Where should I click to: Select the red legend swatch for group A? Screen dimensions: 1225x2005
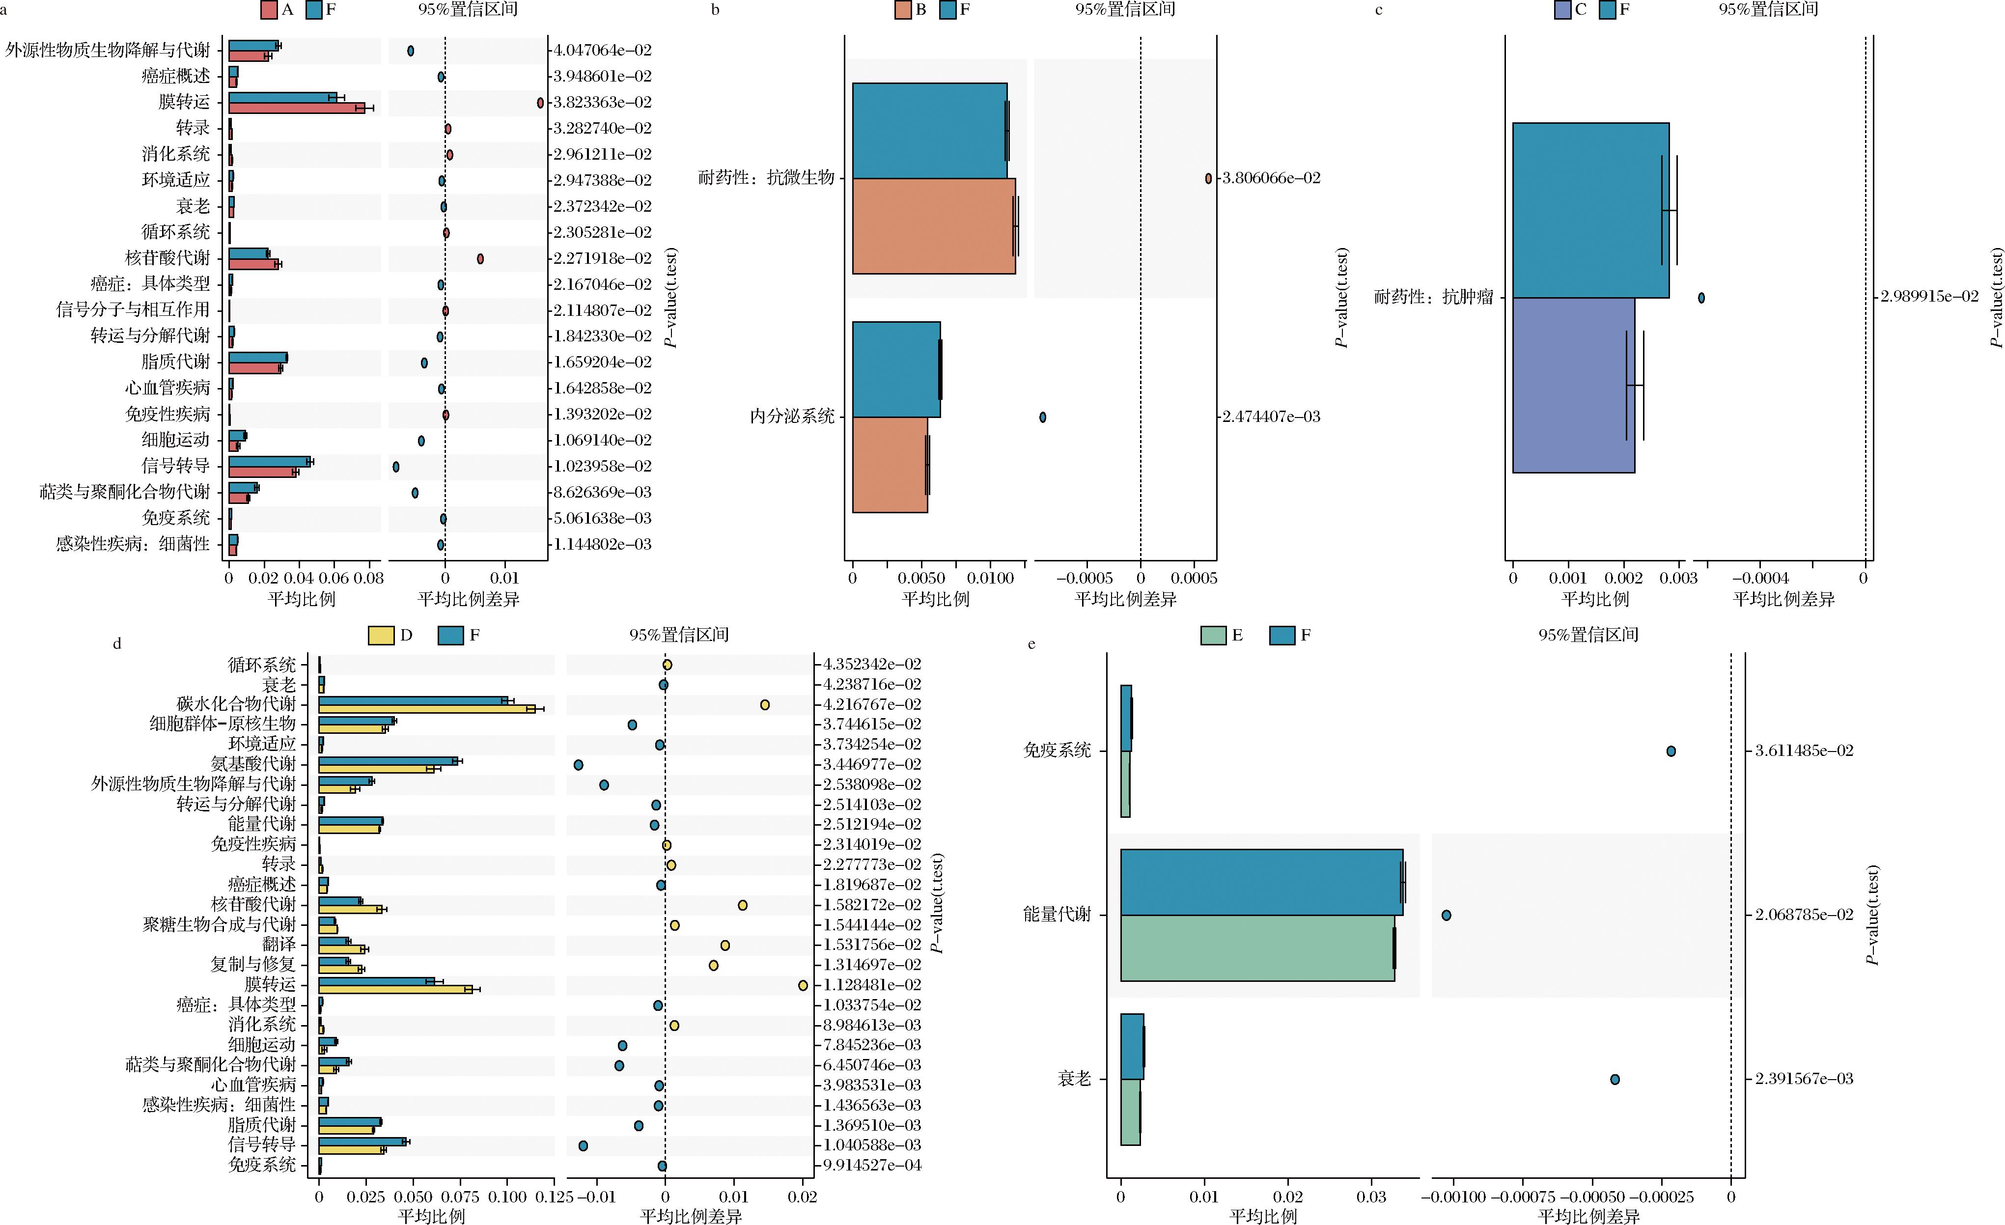coord(269,10)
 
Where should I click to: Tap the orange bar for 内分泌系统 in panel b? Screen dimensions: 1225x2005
coord(890,465)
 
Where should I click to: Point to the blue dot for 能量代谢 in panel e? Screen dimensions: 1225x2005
coord(1446,915)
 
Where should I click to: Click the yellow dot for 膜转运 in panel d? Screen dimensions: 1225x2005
coord(803,985)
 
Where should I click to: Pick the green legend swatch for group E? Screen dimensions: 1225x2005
coord(1213,635)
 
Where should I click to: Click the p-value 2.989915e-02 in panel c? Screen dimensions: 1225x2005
coord(1928,296)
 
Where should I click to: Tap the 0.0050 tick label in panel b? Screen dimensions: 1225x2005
coord(921,579)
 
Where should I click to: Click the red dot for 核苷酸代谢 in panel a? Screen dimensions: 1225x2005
coord(480,259)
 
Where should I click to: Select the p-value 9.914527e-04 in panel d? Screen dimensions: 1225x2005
coord(872,1165)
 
